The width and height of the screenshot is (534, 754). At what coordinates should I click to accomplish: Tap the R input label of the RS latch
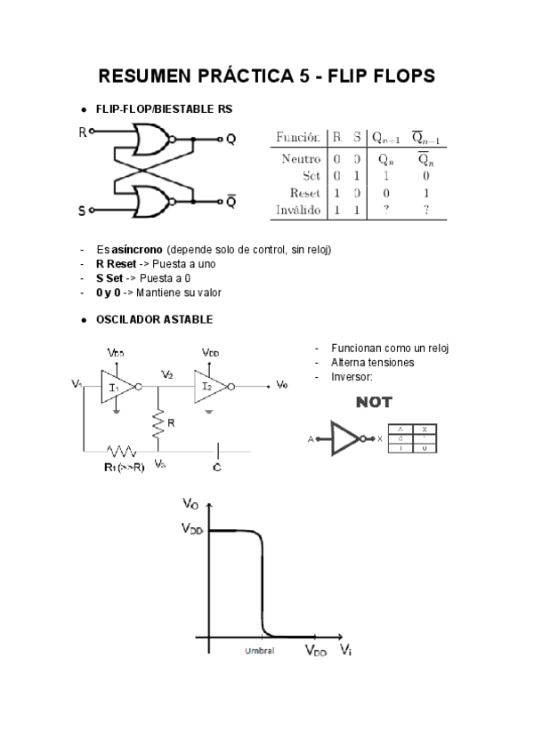tap(83, 132)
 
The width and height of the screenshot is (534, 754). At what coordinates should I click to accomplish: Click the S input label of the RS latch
tap(82, 211)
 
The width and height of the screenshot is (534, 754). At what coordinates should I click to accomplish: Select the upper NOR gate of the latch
tap(150, 140)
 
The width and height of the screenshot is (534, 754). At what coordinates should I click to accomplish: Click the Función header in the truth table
tap(298, 138)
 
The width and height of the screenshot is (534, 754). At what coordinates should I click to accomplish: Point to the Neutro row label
tap(301, 158)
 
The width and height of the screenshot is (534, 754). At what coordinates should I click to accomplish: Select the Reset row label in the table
tap(305, 193)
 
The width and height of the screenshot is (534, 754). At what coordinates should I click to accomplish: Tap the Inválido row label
tap(298, 210)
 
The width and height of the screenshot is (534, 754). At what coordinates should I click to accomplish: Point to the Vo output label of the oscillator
tap(282, 385)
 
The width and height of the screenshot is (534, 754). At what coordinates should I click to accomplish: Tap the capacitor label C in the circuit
tap(217, 466)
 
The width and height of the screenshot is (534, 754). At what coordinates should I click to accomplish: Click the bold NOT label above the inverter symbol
tap(374, 403)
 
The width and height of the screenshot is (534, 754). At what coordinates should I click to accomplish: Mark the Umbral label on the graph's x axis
tap(260, 651)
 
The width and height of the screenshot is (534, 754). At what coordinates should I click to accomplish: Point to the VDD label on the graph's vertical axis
tap(193, 529)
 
